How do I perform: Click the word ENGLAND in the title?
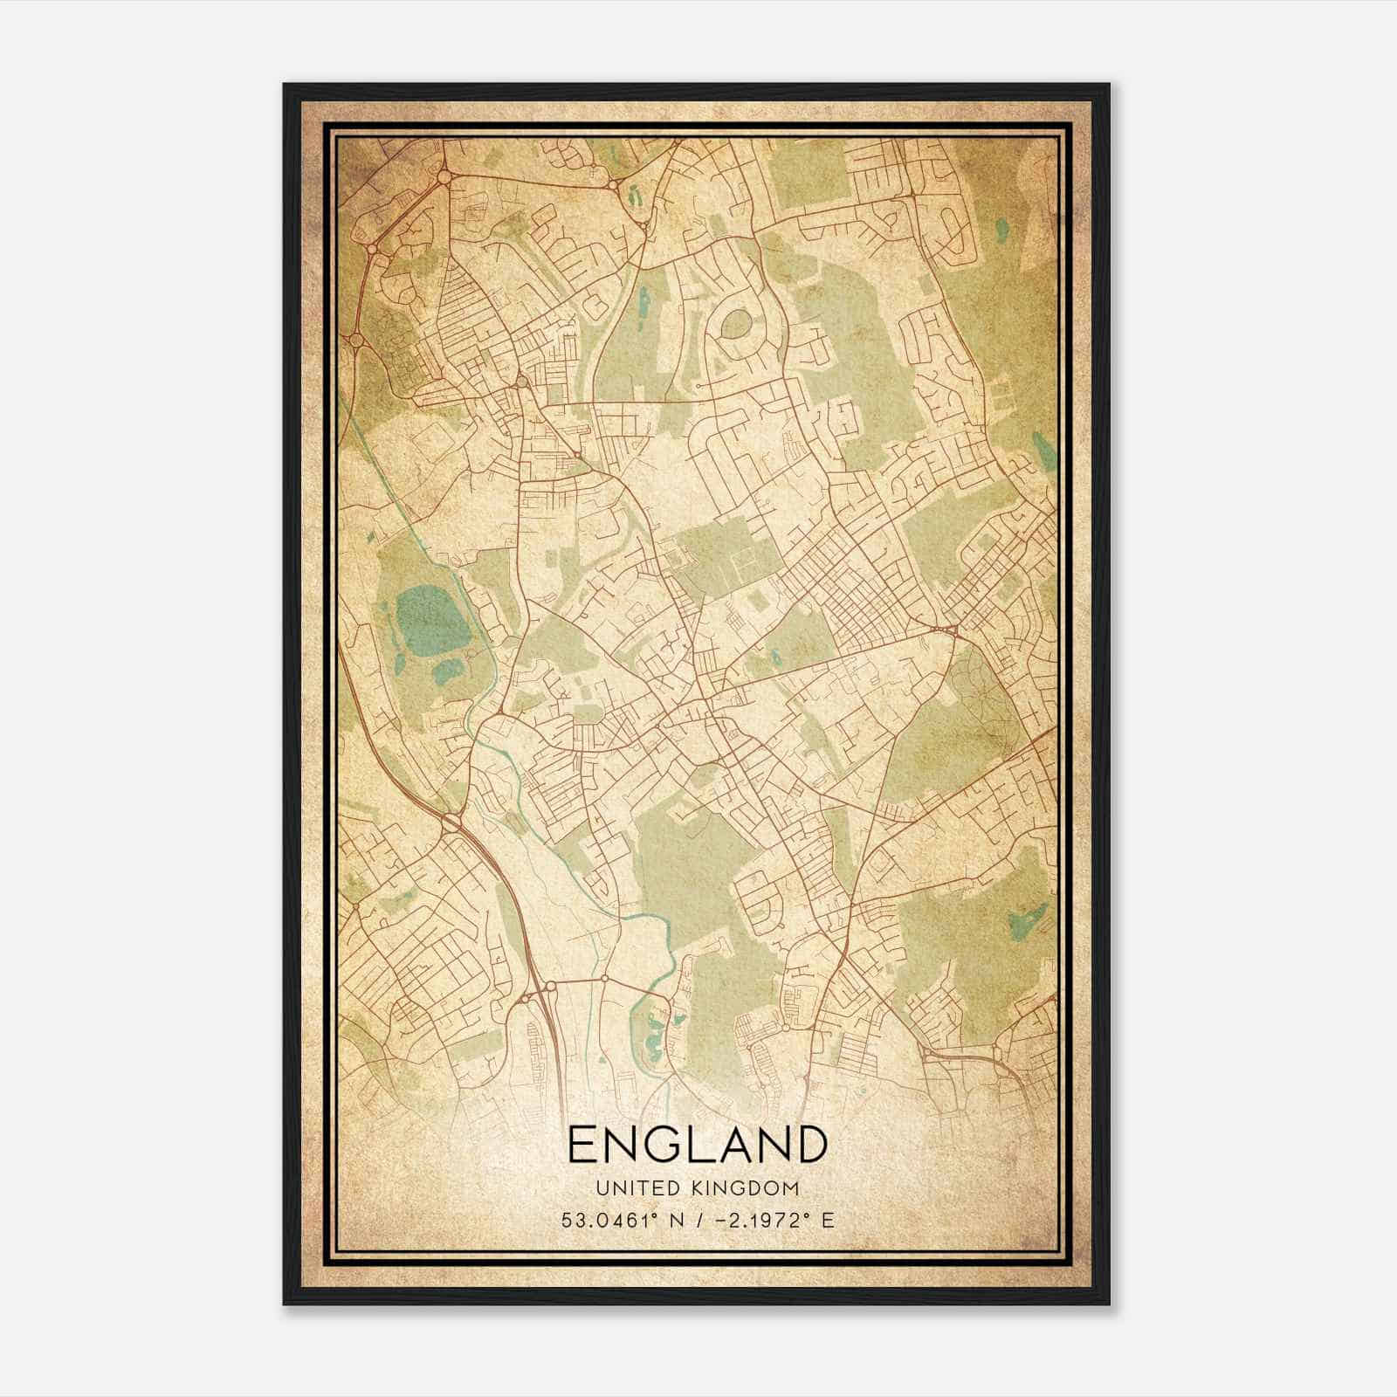(697, 1145)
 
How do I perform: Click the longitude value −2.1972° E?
(769, 1220)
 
